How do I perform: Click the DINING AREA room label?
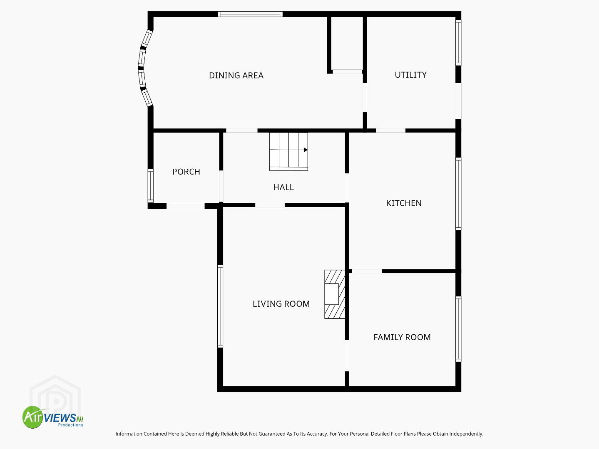tap(236, 76)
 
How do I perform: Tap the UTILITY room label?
tap(410, 75)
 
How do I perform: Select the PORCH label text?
tap(186, 172)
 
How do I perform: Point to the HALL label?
tap(283, 187)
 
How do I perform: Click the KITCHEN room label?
tap(404, 203)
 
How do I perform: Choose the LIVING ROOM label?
tap(281, 304)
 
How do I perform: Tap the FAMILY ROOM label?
tap(402, 337)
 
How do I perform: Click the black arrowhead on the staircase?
tap(306, 150)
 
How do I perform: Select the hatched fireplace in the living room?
tap(335, 294)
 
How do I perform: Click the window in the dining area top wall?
tap(250, 14)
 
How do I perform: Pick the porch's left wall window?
tap(150, 185)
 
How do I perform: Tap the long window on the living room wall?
tap(220, 306)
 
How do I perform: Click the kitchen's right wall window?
tap(458, 194)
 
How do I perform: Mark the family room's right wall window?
tap(458, 329)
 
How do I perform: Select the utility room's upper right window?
tap(458, 42)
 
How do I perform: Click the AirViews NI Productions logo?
tap(53, 417)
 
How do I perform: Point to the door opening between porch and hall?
tap(221, 186)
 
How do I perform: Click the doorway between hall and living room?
tap(270, 205)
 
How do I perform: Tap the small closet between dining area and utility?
tap(347, 44)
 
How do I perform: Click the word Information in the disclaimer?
tap(129, 434)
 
